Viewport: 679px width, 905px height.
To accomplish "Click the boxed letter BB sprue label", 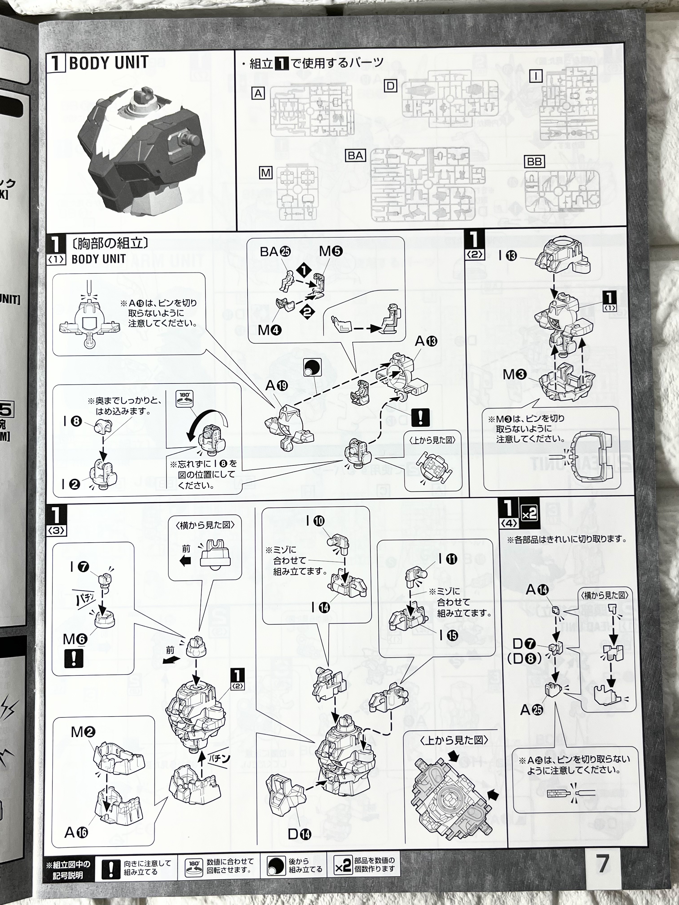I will pyautogui.click(x=534, y=162).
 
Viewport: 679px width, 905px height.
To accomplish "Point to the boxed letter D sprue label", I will pyautogui.click(x=390, y=86).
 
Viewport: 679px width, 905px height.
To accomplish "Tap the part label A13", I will pyautogui.click(x=426, y=341).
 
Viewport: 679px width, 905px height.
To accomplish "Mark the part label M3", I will pyautogui.click(x=514, y=374).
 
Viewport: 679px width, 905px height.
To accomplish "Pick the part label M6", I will pyautogui.click(x=75, y=639).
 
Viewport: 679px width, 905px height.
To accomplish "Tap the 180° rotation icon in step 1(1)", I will pyautogui.click(x=185, y=399).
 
